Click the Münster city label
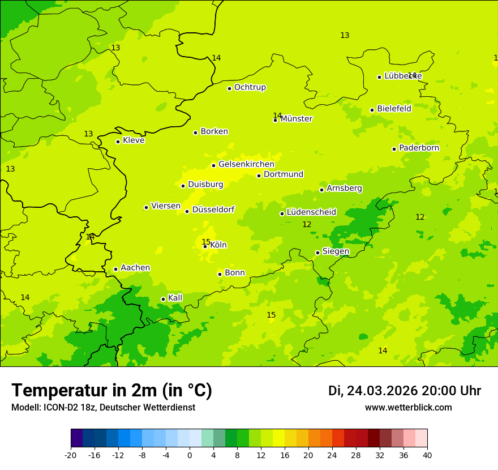pyautogui.click(x=296, y=119)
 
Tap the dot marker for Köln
pyautogui.click(x=205, y=246)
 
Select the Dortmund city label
pyautogui.click(x=284, y=174)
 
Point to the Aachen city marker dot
pyautogui.click(x=115, y=270)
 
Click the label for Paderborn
pyautogui.click(x=419, y=148)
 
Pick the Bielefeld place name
pyautogui.click(x=394, y=109)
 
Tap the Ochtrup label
pyautogui.click(x=250, y=87)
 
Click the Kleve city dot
pyautogui.click(x=118, y=142)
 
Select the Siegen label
pyautogui.click(x=336, y=251)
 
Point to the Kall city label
pyautogui.click(x=175, y=298)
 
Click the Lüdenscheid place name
pyautogui.click(x=311, y=212)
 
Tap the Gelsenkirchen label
pyautogui.click(x=246, y=164)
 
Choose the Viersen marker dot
pyautogui.click(x=146, y=207)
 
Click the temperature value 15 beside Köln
pyautogui.click(x=206, y=242)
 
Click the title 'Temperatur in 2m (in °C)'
pyautogui.click(x=111, y=391)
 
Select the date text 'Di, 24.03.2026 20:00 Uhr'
pyautogui.click(x=405, y=391)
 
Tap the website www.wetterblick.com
pyautogui.click(x=408, y=408)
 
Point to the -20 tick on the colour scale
pyautogui.click(x=71, y=455)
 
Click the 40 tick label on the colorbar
pyautogui.click(x=427, y=455)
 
